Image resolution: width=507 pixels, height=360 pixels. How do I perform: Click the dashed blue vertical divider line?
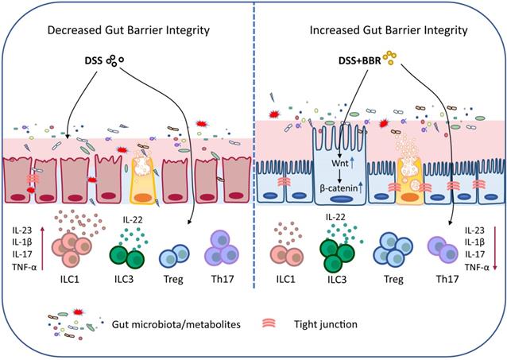coord(253,159)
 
